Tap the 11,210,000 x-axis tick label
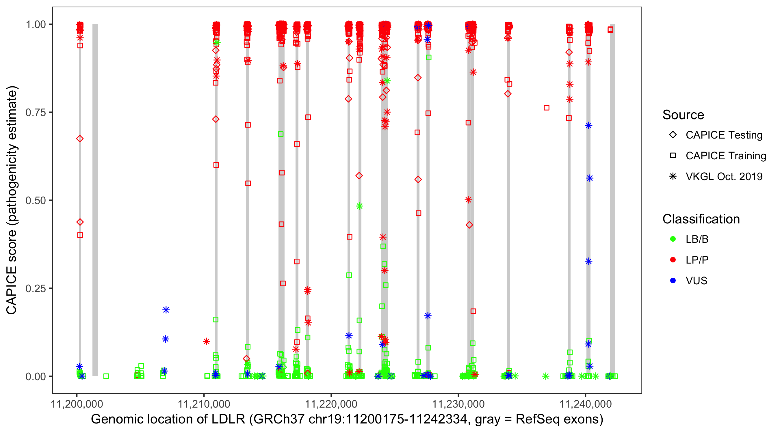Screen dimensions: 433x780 tap(204, 404)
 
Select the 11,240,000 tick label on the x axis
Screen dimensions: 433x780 tap(585, 404)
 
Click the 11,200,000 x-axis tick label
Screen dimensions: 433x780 tap(77, 404)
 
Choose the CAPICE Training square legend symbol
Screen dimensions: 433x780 tap(673, 156)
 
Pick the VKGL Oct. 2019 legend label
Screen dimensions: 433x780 tap(724, 176)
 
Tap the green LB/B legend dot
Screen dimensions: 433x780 tap(673, 239)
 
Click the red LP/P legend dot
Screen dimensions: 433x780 tap(673, 260)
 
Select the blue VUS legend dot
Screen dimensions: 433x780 tap(673, 281)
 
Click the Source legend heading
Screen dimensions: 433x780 tap(683, 115)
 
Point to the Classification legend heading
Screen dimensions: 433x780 tap(701, 219)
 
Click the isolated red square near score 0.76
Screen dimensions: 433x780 tap(547, 108)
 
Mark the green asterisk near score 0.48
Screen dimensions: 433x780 tap(359, 206)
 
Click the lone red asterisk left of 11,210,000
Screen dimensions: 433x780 tap(207, 341)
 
